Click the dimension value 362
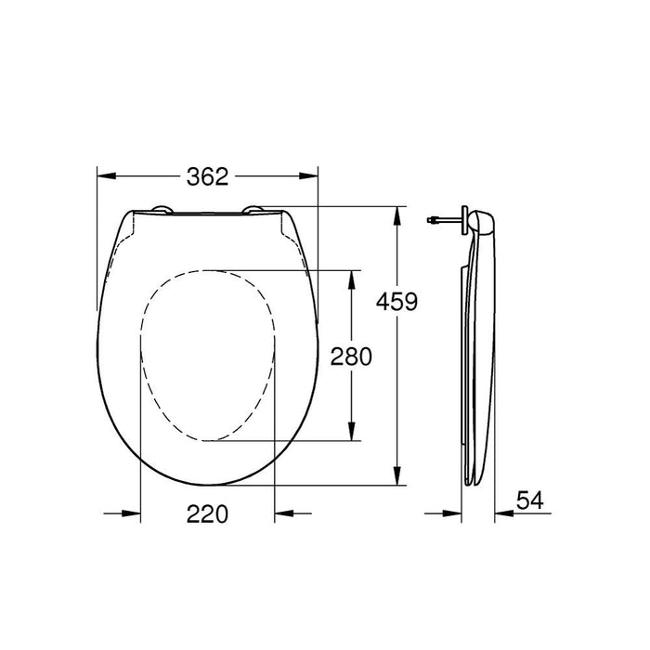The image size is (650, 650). (208, 176)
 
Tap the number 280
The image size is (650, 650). (351, 357)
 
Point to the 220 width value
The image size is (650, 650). (207, 513)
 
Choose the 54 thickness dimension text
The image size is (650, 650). (528, 500)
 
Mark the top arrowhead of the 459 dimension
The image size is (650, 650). (397, 213)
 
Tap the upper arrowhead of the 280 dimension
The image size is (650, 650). (351, 278)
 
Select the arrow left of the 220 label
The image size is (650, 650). (131, 513)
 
